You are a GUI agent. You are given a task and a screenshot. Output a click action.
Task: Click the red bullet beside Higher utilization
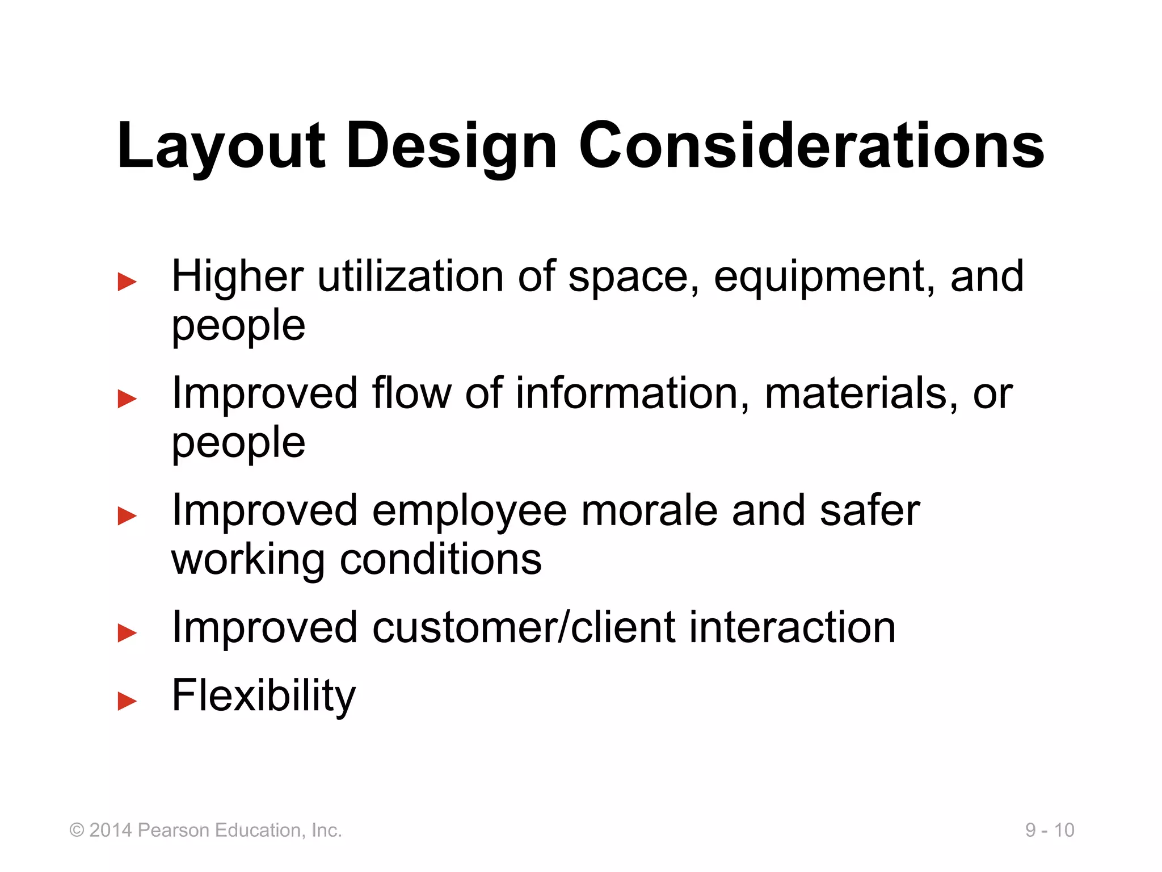[127, 282]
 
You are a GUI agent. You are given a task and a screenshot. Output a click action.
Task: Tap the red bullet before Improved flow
[127, 399]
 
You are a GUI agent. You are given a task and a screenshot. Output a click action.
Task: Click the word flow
[411, 393]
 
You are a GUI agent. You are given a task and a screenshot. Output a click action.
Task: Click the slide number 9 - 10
[1049, 830]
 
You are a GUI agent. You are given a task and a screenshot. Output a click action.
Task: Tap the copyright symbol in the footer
[77, 830]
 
